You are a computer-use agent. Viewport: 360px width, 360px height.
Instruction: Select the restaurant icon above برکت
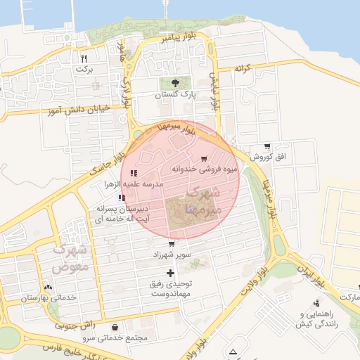pyautogui.click(x=84, y=58)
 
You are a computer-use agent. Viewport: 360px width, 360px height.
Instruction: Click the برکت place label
pyautogui.click(x=84, y=69)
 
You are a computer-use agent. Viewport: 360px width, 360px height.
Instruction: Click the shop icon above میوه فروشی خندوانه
pyautogui.click(x=204, y=158)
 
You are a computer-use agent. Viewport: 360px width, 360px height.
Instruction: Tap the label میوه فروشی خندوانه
pyautogui.click(x=204, y=169)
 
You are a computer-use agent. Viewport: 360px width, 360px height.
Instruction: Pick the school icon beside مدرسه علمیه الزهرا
pyautogui.click(x=134, y=173)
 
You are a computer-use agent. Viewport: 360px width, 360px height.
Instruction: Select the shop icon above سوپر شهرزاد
pyautogui.click(x=172, y=244)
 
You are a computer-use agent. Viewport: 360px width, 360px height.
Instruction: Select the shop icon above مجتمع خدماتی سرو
pyautogui.click(x=115, y=328)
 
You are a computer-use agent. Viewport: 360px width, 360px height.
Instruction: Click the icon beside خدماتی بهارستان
pyautogui.click(x=48, y=288)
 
